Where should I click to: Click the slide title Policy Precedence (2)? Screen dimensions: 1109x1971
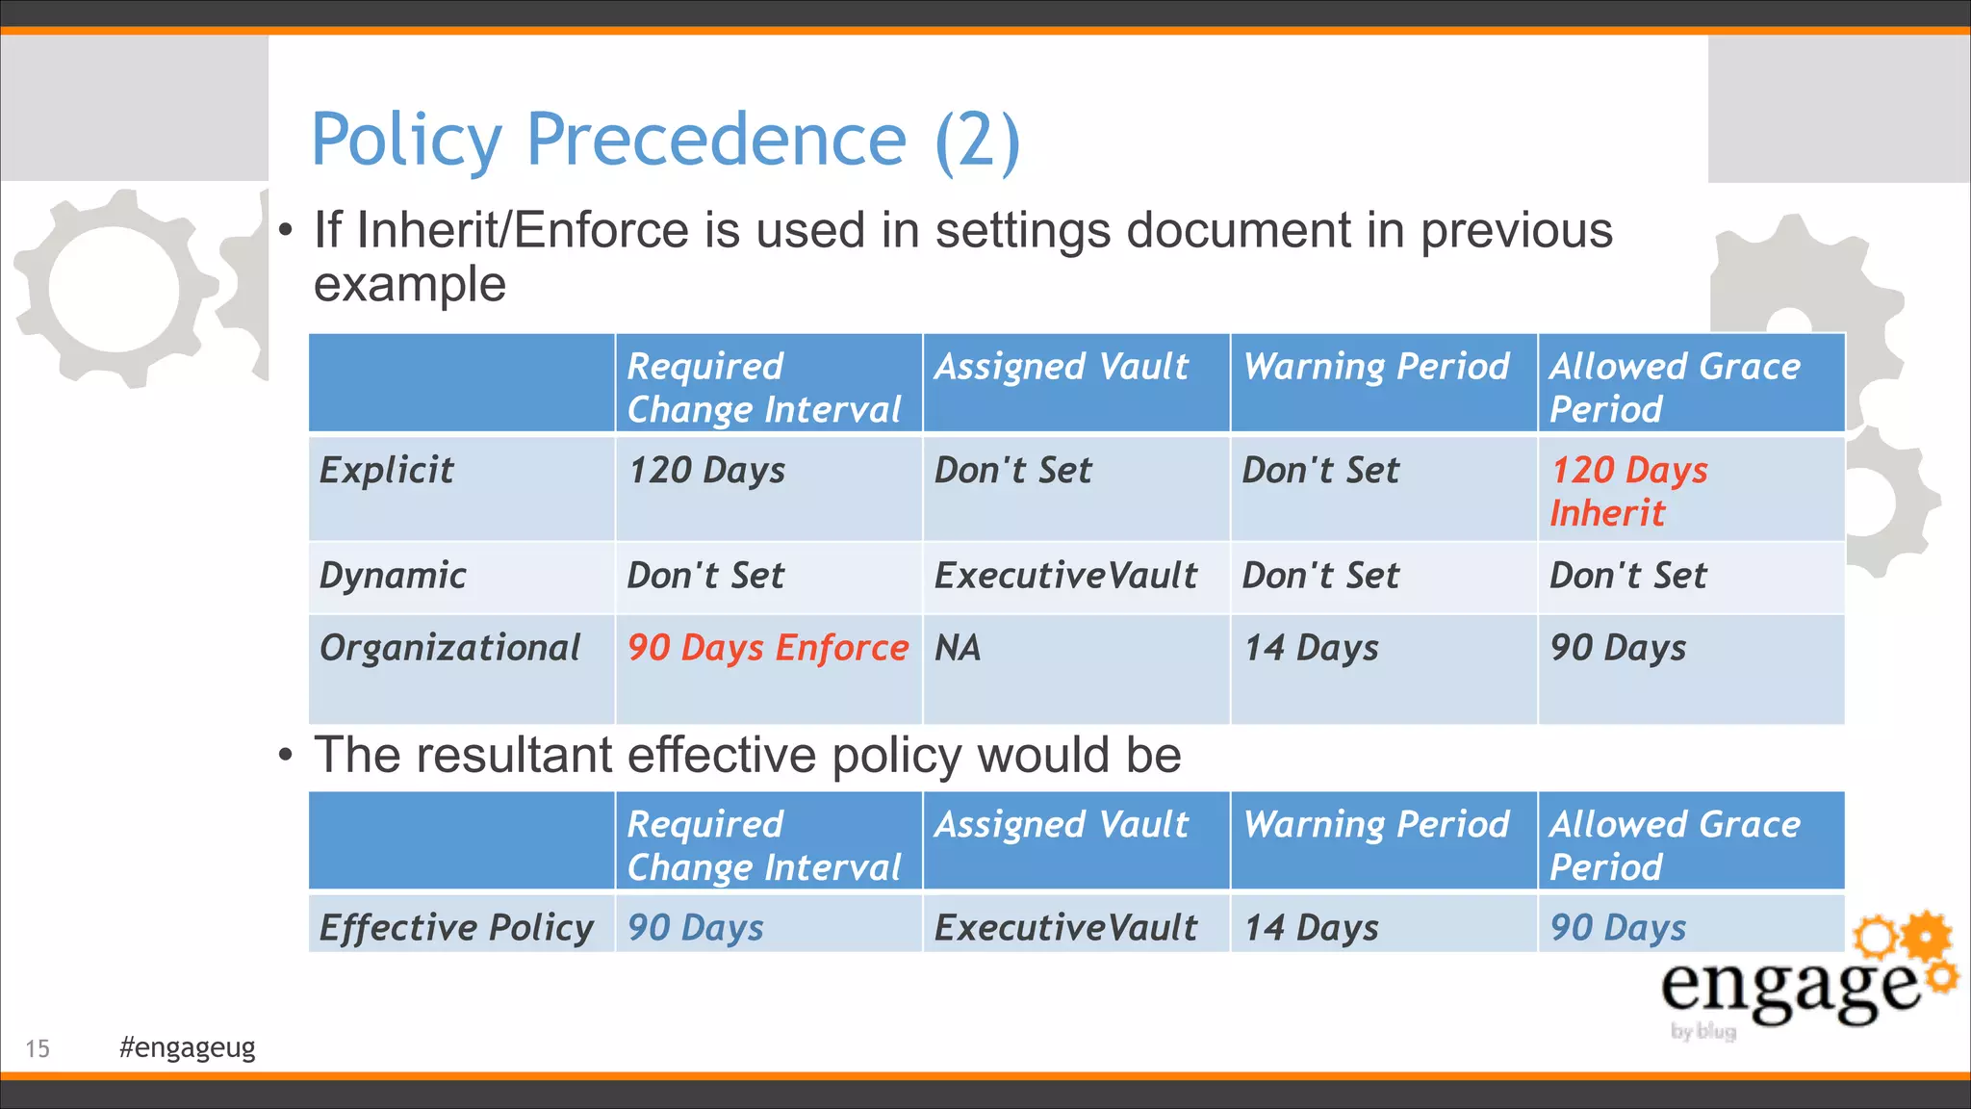point(665,141)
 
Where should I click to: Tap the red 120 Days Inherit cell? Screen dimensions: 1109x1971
point(1628,491)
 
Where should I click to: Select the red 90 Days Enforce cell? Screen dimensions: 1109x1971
point(767,648)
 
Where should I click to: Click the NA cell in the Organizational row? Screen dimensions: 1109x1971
point(958,648)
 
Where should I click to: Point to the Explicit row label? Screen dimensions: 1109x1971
point(386,470)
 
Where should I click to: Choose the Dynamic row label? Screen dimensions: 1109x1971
point(393,576)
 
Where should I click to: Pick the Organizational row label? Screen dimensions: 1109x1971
point(449,648)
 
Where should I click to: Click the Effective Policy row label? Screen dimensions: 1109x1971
point(456,928)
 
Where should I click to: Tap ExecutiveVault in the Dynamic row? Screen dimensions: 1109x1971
point(1065,576)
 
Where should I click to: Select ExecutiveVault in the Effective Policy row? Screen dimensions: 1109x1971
point(1065,928)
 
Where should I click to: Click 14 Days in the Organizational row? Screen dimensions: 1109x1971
point(1311,648)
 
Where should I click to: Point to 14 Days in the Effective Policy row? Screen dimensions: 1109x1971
point(1311,928)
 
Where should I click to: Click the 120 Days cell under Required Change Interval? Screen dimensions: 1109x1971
point(706,470)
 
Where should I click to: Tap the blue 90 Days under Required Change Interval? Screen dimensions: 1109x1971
point(695,928)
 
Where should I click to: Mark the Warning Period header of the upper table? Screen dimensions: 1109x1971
point(1376,367)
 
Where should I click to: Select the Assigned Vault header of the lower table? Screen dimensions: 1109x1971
point(1062,825)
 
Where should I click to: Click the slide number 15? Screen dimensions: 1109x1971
point(38,1048)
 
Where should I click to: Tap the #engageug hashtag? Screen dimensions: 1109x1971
point(187,1047)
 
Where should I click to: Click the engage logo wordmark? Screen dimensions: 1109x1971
point(1790,987)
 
